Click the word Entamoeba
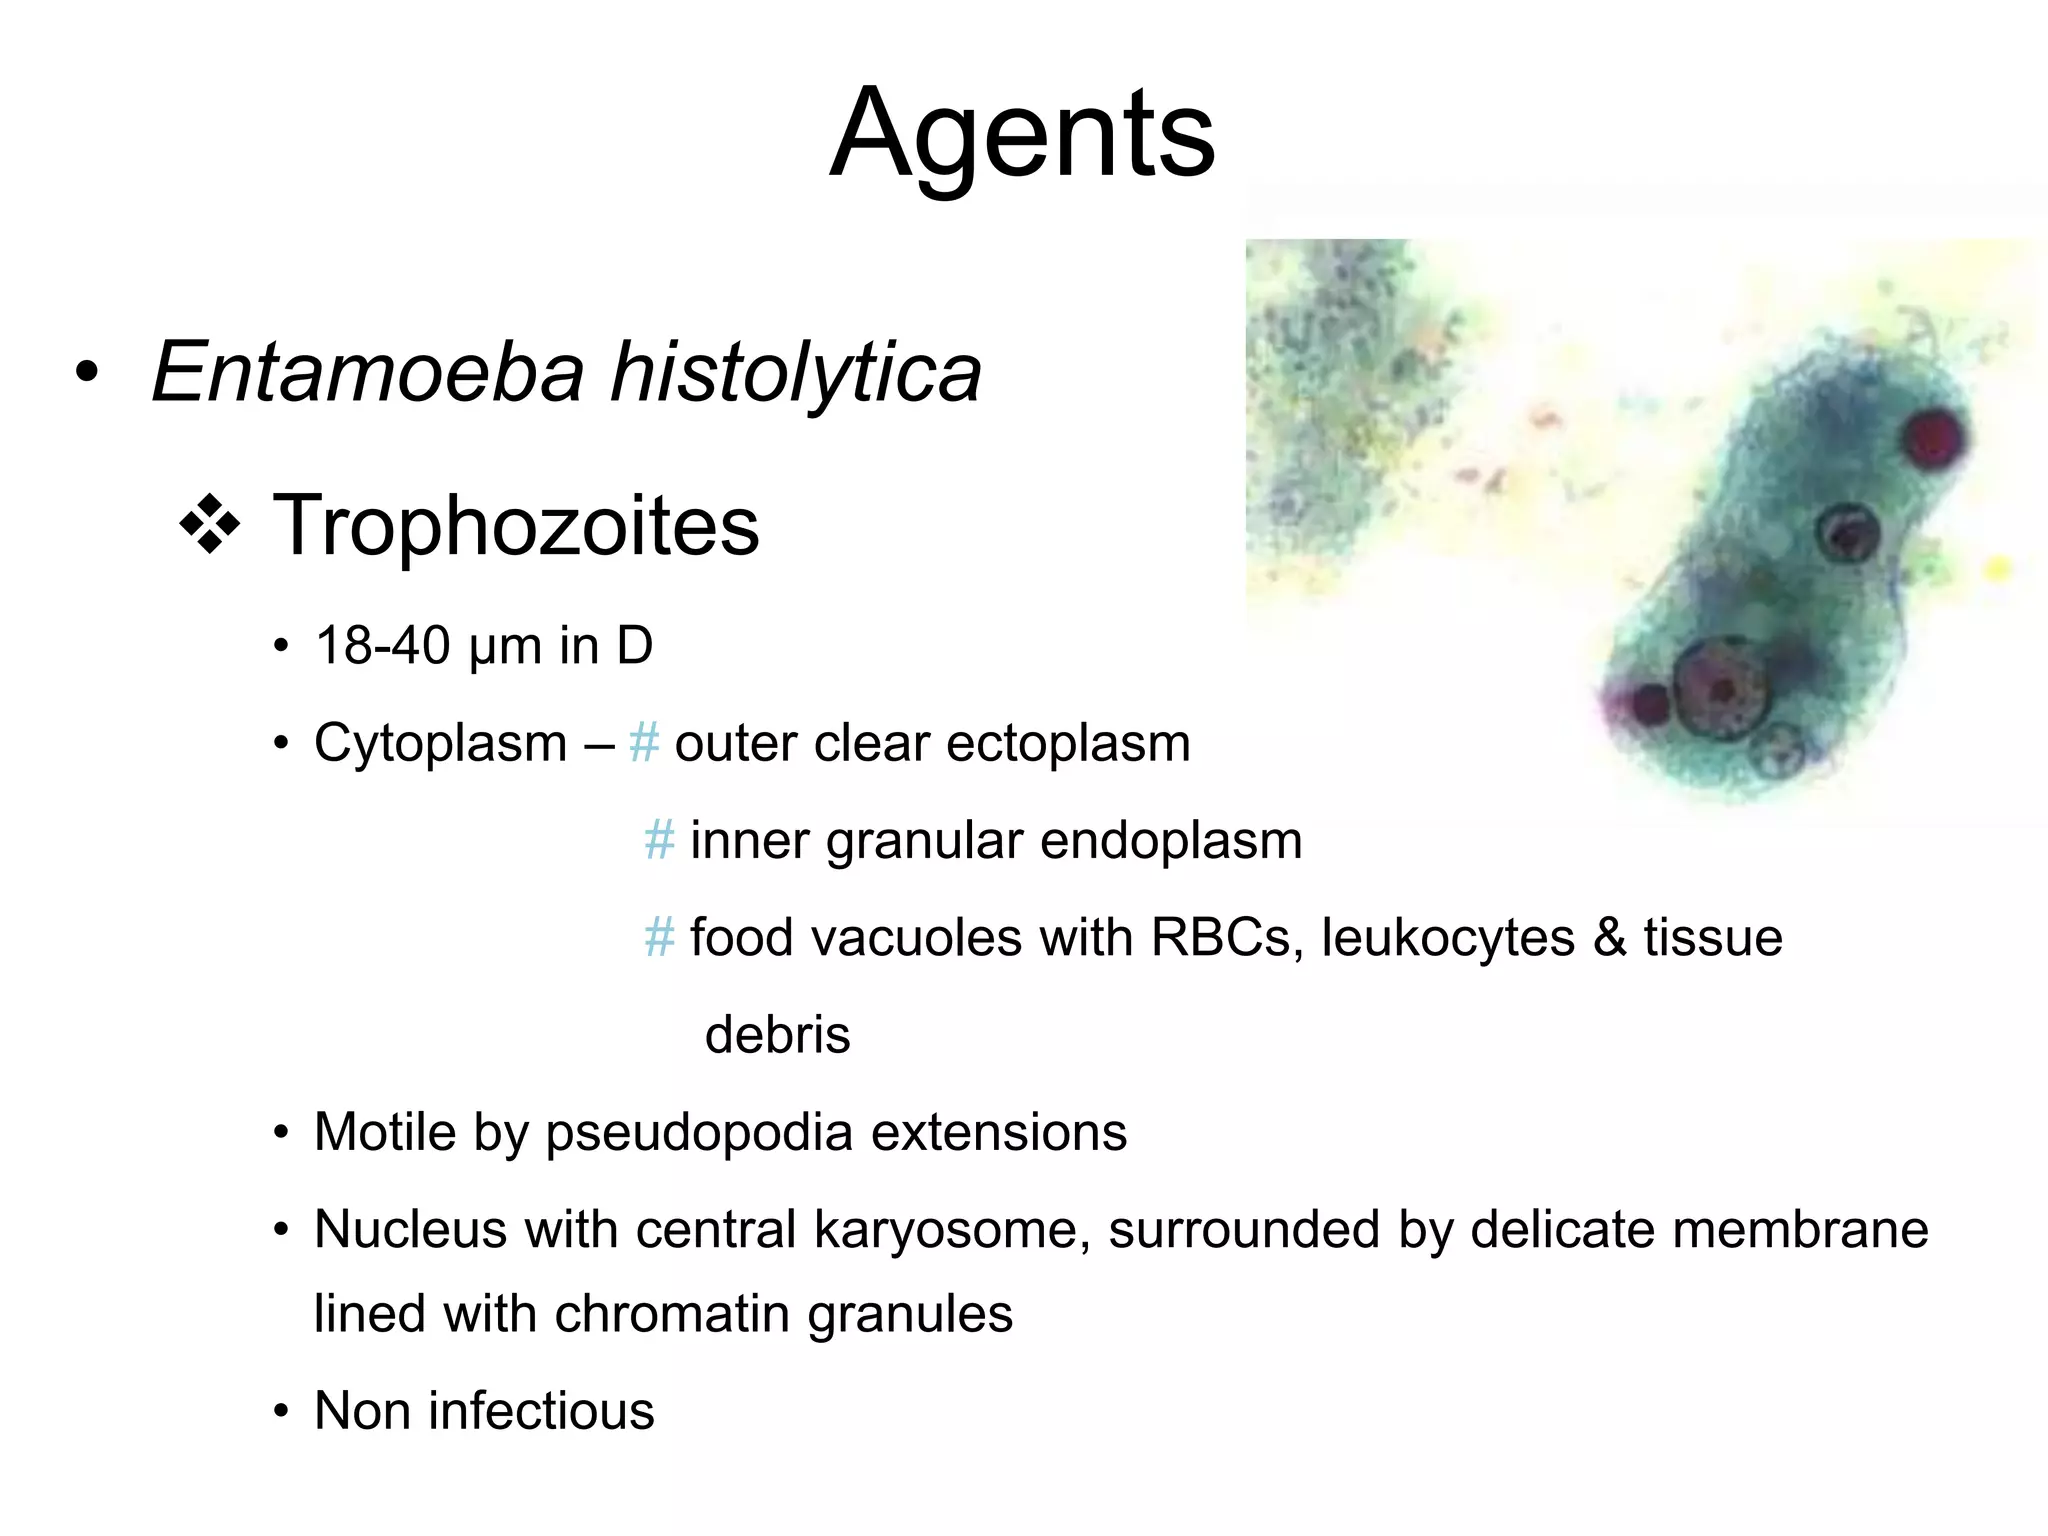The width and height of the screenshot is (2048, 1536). tap(367, 372)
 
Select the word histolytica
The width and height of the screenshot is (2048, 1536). tap(796, 372)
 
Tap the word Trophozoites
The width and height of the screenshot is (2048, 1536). tap(515, 525)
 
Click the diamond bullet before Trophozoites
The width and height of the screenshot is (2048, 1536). tap(210, 524)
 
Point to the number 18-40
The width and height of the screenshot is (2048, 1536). tap(383, 645)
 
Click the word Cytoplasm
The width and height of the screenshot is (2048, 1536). tap(440, 743)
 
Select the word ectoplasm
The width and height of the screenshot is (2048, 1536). tap(1068, 743)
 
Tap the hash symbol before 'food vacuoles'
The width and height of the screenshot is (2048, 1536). tap(659, 938)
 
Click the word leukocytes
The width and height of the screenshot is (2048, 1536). tap(1448, 938)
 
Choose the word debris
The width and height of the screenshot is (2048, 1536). tap(777, 1034)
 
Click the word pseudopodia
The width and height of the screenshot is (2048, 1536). tap(700, 1132)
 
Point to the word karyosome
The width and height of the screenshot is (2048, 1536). tap(952, 1229)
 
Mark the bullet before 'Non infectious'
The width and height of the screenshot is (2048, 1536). tap(282, 1412)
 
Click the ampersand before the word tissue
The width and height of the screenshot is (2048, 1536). tap(1609, 938)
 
